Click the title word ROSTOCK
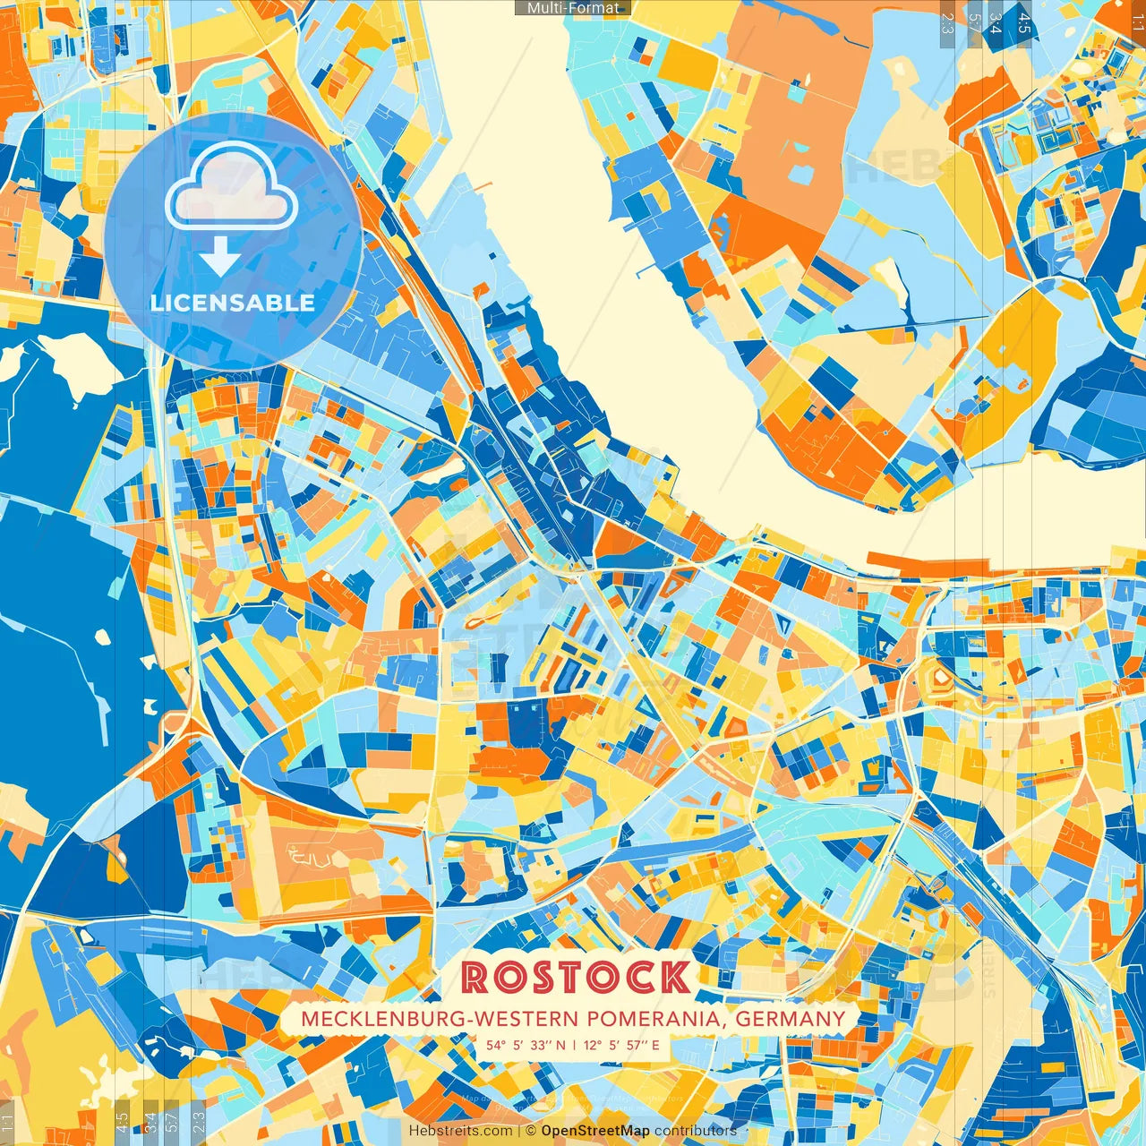click(576, 977)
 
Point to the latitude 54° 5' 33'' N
click(526, 1045)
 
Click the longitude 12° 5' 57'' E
click(621, 1045)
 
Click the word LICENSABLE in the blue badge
click(233, 303)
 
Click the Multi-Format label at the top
click(573, 8)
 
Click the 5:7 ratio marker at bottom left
click(172, 1121)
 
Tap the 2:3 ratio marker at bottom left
click(199, 1121)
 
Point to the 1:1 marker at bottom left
click(7, 1123)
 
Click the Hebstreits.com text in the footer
click(460, 1131)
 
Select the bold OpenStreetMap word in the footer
click(594, 1131)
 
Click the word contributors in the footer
click(695, 1131)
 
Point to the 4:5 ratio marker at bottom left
click(122, 1121)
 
